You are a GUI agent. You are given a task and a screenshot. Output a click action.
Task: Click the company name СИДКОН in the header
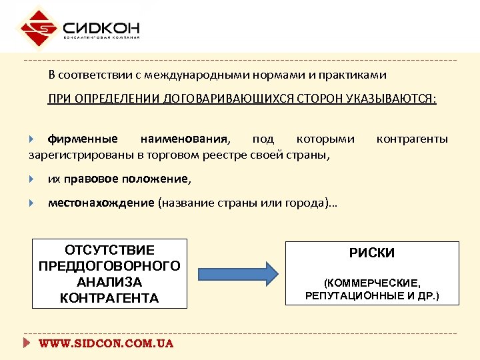point(101,27)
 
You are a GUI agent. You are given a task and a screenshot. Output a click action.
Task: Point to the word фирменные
point(83,139)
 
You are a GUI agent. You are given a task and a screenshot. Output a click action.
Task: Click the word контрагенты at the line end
point(412,139)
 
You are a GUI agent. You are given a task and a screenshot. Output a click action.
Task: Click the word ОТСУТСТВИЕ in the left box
point(109,250)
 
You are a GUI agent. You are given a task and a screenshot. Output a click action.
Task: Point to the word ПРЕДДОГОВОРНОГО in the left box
point(109,266)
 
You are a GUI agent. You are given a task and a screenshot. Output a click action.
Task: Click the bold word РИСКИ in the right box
point(372,253)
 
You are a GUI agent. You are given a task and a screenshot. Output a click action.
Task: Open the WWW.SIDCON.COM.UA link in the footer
point(106,344)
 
